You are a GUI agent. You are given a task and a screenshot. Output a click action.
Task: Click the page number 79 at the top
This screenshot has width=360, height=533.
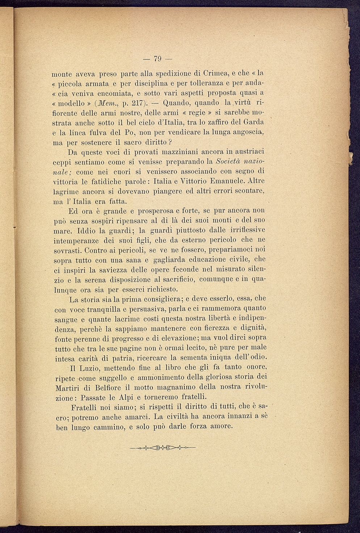158,58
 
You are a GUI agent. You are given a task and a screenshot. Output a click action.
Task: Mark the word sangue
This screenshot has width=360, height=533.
66,320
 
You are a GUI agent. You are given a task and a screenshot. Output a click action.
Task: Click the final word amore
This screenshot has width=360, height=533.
220,426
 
